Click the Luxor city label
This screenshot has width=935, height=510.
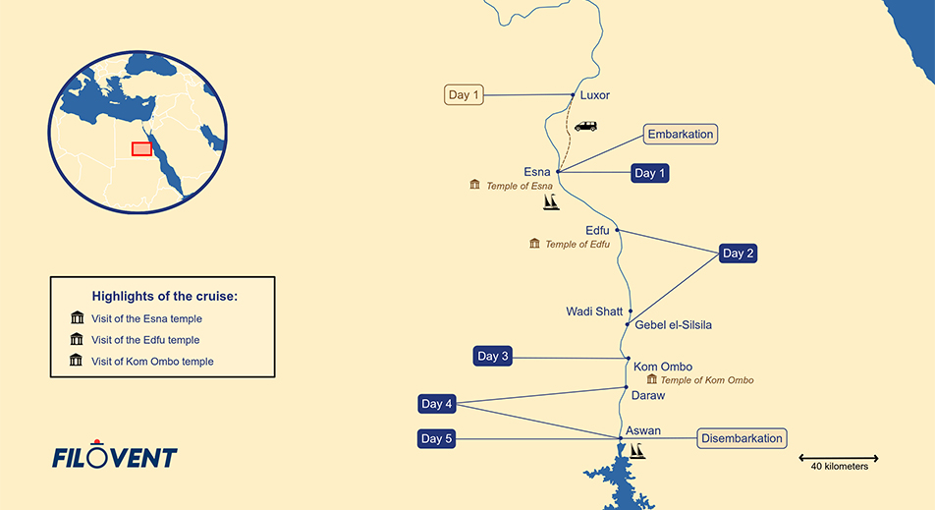click(x=595, y=95)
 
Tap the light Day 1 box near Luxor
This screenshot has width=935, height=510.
click(x=465, y=95)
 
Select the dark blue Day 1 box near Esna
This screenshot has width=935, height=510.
click(x=650, y=173)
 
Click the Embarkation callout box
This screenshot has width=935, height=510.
click(x=681, y=135)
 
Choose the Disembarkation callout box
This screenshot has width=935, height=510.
click(x=742, y=438)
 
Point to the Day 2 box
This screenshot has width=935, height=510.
click(x=739, y=253)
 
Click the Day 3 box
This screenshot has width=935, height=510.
click(x=493, y=356)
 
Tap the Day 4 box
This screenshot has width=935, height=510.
click(x=437, y=404)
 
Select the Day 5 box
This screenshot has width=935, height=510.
click(x=437, y=438)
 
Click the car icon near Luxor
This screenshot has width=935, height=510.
click(x=585, y=127)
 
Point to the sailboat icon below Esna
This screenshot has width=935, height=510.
click(x=552, y=202)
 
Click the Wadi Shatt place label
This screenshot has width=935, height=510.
click(x=594, y=312)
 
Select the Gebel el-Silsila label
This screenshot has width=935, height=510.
click(x=674, y=325)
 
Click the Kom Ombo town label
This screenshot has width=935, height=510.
click(x=663, y=367)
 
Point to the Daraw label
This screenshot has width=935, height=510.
click(x=648, y=395)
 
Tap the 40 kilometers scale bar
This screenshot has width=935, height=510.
click(x=838, y=459)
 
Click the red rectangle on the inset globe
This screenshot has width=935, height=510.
click(x=141, y=148)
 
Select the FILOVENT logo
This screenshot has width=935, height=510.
click(x=115, y=456)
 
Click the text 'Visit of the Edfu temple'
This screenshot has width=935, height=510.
click(x=145, y=340)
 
